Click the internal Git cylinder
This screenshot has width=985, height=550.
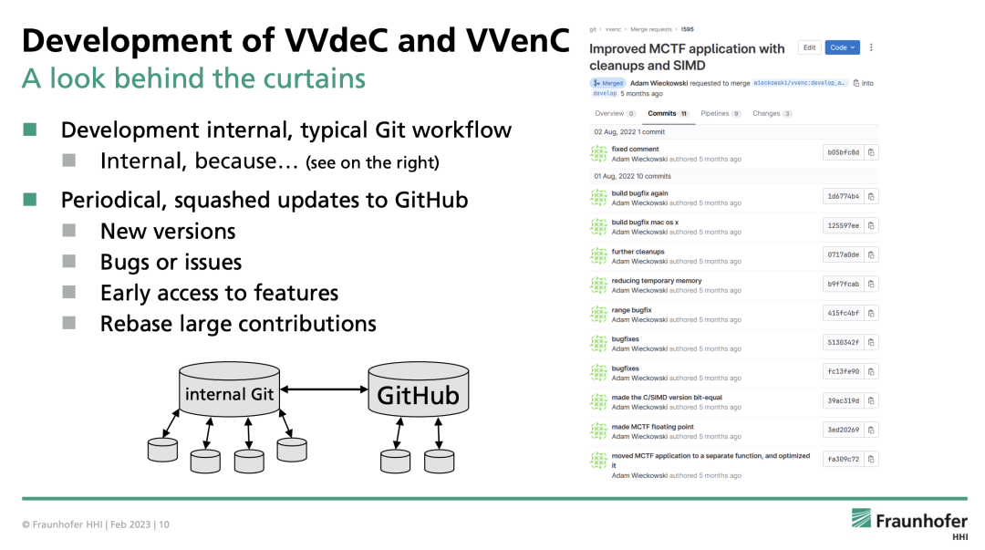click(x=229, y=392)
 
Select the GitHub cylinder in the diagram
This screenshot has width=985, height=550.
click(x=419, y=392)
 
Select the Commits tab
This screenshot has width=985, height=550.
click(x=668, y=114)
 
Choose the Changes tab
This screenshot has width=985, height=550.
click(x=772, y=114)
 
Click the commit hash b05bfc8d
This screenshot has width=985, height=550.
click(x=842, y=152)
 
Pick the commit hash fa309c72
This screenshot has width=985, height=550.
click(x=842, y=459)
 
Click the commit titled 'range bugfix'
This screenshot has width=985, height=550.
click(x=631, y=310)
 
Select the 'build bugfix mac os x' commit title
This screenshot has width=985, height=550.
click(x=645, y=223)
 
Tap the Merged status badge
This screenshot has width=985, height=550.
click(x=607, y=83)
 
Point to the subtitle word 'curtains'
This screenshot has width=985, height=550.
click(x=314, y=79)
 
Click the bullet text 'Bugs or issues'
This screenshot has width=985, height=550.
click(x=171, y=263)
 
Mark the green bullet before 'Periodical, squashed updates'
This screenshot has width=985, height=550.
click(x=30, y=200)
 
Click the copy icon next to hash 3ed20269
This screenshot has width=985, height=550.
click(x=871, y=430)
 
